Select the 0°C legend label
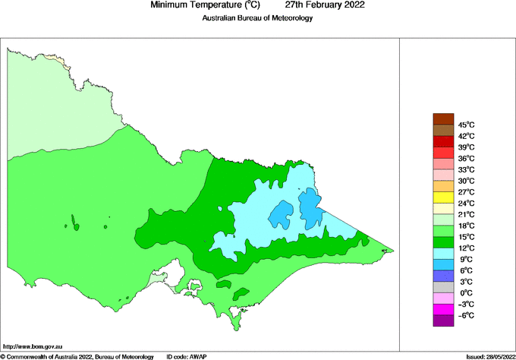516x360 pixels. pyautogui.click(x=465, y=293)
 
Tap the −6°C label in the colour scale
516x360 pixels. pyautogui.click(x=465, y=315)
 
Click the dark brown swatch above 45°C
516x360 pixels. pyautogui.click(x=443, y=118)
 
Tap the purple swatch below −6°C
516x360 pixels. pyautogui.click(x=443, y=321)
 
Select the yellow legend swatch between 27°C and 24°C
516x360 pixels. pyautogui.click(x=443, y=197)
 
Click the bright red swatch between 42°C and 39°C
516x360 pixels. pyautogui.click(x=443, y=141)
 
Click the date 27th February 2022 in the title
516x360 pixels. pyautogui.click(x=330, y=5)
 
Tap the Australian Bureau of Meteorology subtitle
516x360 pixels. pyautogui.click(x=257, y=18)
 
